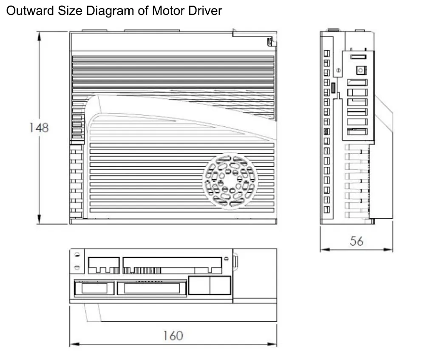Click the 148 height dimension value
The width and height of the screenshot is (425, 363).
[x=39, y=127]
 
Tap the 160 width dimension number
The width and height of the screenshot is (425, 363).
[x=173, y=335]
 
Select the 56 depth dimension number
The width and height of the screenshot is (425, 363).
[x=356, y=241]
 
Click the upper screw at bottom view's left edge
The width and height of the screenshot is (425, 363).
[x=77, y=255]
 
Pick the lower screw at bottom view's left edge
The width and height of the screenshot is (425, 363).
[x=77, y=268]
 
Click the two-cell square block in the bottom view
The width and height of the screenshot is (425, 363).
[x=210, y=285]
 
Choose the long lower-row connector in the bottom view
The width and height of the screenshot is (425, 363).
[x=152, y=288]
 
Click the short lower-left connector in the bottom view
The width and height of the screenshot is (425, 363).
[x=94, y=288]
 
